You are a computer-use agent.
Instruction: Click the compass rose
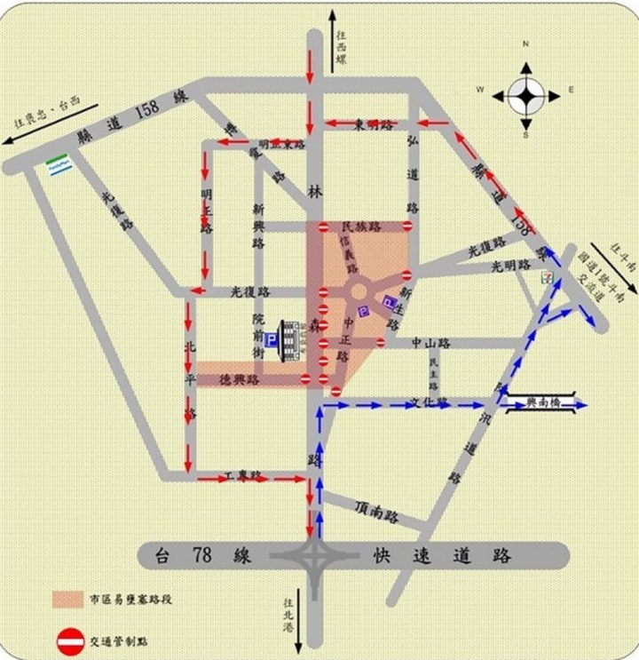pos(525,91)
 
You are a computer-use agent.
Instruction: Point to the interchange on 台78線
pos(315,557)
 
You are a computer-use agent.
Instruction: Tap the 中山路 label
pos(432,341)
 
